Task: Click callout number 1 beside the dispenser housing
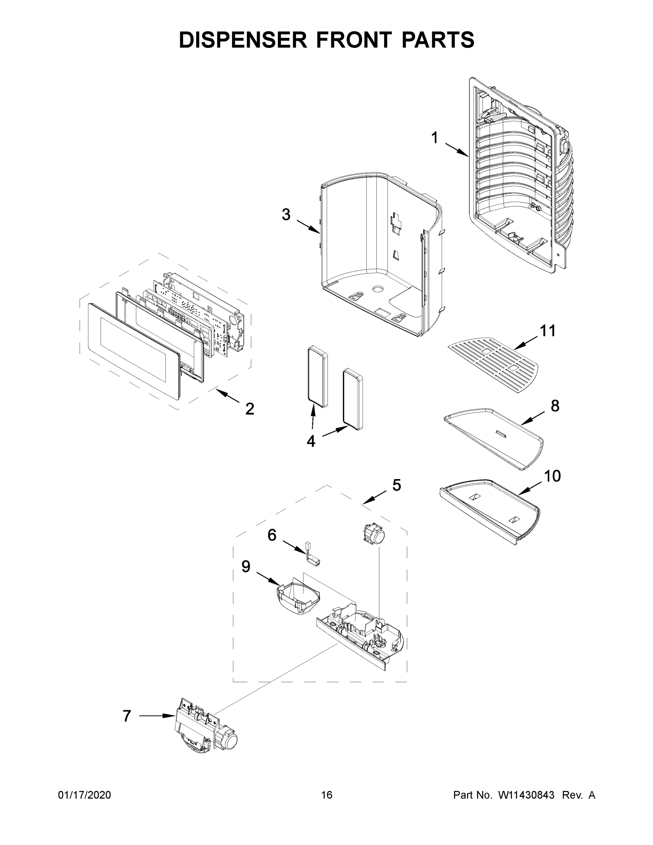435,138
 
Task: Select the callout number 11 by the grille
547,331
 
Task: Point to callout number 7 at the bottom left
127,716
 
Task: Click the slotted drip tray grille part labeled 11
493,365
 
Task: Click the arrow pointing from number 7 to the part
157,716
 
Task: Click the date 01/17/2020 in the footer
84,795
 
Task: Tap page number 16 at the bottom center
327,795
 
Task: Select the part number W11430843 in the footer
526,795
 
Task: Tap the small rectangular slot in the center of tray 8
501,433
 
